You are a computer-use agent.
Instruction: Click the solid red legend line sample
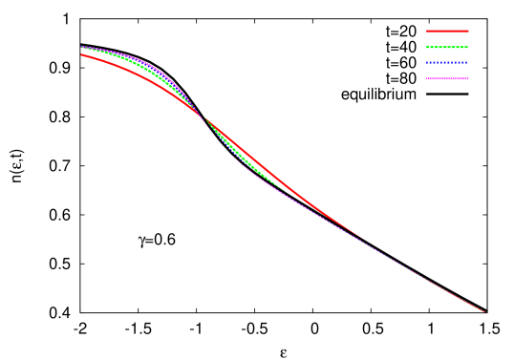447,31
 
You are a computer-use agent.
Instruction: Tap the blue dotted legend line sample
447,63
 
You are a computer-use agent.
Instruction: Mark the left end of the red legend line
427,31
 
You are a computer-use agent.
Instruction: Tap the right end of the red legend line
468,31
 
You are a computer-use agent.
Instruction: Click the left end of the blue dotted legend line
427,63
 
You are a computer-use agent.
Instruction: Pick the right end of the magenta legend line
468,78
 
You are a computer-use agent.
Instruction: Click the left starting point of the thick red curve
82,54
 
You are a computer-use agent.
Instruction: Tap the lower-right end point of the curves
484,311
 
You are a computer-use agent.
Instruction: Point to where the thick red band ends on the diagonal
358,235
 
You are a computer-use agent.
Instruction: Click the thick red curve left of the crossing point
143,78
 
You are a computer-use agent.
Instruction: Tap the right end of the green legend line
468,47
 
